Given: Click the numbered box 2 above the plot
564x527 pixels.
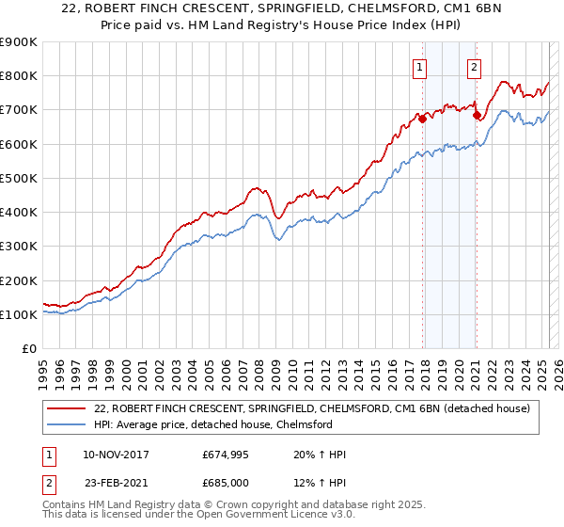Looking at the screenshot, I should pos(474,67).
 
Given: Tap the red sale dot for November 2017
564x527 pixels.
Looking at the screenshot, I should pos(422,119).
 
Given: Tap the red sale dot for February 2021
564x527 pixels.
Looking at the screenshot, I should pos(478,116).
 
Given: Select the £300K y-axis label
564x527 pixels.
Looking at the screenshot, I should pos(19,247).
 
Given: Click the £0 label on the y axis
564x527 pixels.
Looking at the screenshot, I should pos(28,349).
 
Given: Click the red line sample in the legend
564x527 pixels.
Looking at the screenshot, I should pos(67,408).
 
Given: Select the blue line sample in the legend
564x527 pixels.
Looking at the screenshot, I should pos(67,424).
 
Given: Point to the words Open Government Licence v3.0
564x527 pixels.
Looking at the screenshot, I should pos(278,517).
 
